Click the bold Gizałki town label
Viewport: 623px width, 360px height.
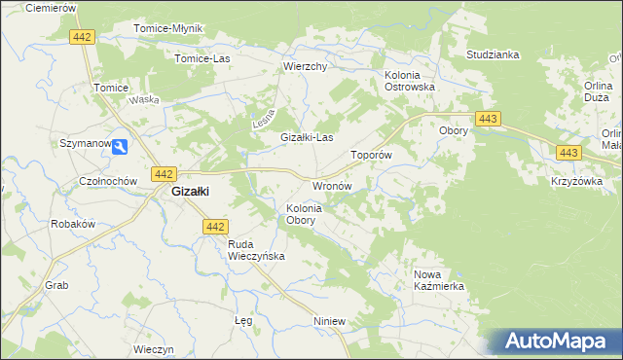point(191,192)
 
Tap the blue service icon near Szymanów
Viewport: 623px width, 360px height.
point(119,147)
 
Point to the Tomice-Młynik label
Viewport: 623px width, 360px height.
point(167,28)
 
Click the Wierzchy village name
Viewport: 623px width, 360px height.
point(304,67)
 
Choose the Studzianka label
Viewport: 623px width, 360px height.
point(493,54)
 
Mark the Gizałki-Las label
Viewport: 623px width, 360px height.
point(307,138)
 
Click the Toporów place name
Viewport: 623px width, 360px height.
point(371,155)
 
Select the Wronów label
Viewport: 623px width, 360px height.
point(330,185)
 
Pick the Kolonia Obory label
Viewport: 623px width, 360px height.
point(304,214)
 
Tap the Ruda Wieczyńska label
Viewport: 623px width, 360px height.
point(255,250)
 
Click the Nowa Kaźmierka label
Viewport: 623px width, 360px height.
point(439,280)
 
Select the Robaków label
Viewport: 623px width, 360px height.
point(72,223)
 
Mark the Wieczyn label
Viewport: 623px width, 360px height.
point(153,349)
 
